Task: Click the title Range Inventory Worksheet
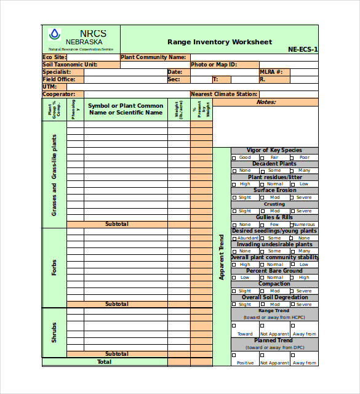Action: (219, 42)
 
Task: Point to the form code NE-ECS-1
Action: (303, 50)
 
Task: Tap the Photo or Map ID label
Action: (214, 65)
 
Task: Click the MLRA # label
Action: (271, 72)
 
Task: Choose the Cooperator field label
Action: (58, 94)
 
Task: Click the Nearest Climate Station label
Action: (223, 94)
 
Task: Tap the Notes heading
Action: (266, 102)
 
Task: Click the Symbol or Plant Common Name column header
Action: (126, 109)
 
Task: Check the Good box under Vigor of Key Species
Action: (234, 158)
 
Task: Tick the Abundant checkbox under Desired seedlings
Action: (234, 238)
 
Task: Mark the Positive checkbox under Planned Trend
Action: (234, 355)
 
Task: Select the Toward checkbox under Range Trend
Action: (234, 326)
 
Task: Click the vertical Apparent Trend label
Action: (222, 257)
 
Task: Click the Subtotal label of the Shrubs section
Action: (117, 354)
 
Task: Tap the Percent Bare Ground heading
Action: (274, 271)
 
